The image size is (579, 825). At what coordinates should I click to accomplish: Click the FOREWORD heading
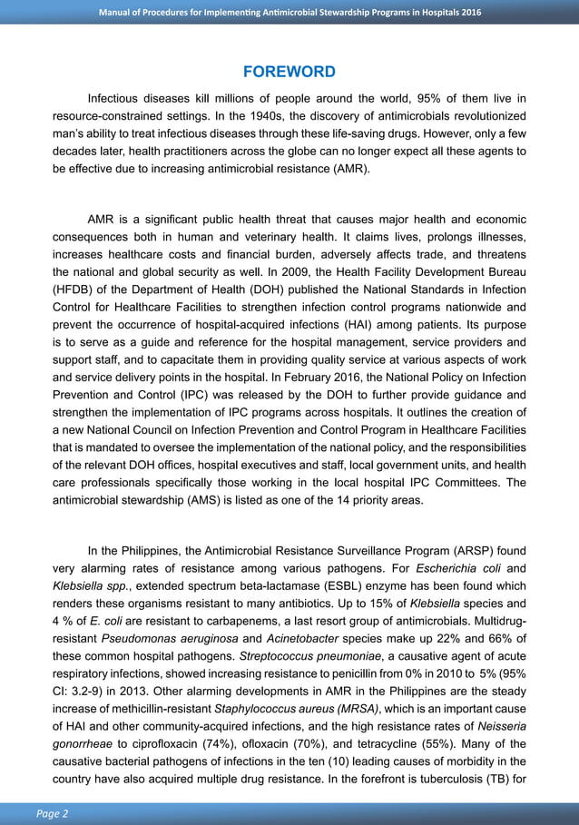[289, 72]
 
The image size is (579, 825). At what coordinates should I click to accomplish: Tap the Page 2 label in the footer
[53, 813]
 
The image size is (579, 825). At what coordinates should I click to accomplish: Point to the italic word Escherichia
[455, 567]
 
